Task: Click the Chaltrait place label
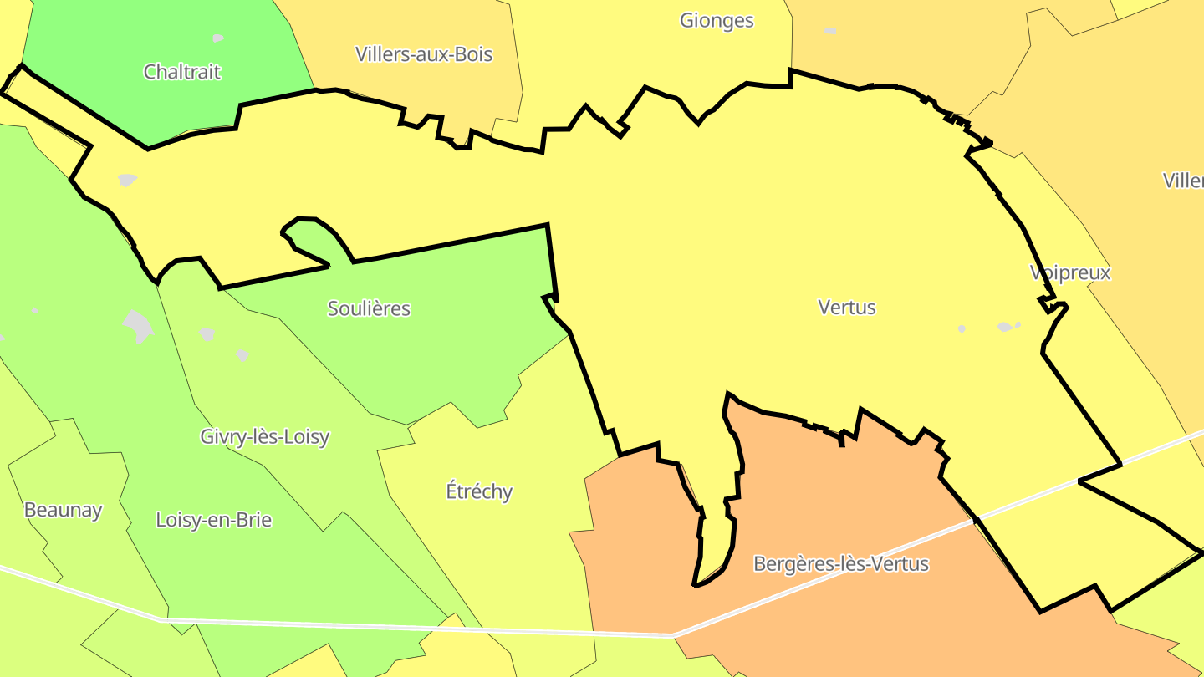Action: (x=182, y=72)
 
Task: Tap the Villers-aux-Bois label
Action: (x=424, y=54)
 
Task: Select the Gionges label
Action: (x=717, y=21)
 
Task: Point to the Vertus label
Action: (x=847, y=308)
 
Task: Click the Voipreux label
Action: (x=1070, y=273)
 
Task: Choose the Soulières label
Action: (x=369, y=308)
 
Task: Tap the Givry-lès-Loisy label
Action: (x=265, y=436)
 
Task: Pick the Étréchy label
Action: (x=479, y=491)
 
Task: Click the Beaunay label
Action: (x=63, y=510)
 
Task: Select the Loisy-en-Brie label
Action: (x=214, y=520)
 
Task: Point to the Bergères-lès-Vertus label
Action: (x=841, y=564)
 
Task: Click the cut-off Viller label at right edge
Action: (x=1183, y=181)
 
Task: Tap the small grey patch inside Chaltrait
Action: (x=218, y=38)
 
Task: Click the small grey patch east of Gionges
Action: (x=829, y=32)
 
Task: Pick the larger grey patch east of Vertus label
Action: (x=1005, y=327)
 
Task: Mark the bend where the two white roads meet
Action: (x=674, y=635)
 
